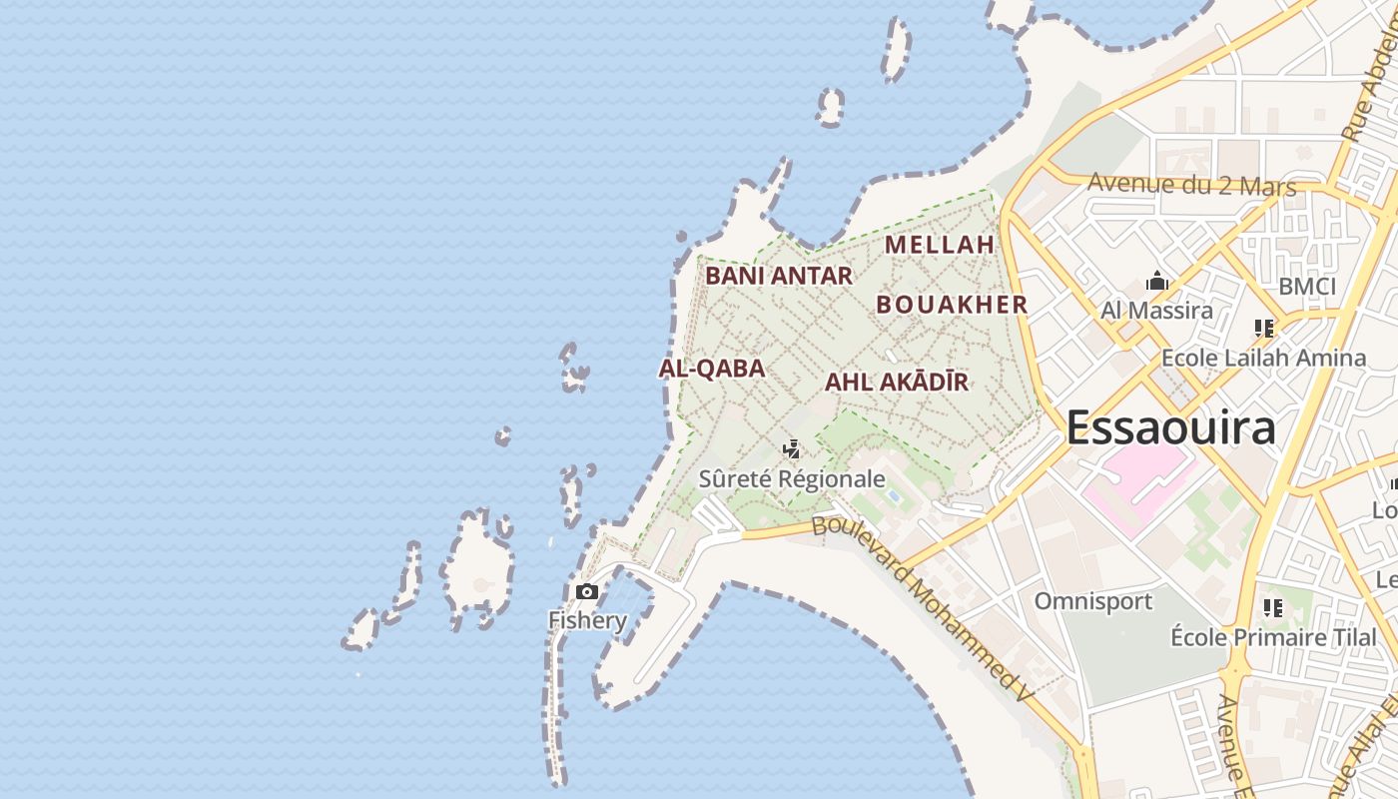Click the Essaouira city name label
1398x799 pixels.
pos(1171,427)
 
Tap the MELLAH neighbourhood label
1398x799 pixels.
pos(940,244)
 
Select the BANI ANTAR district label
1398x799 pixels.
pos(779,276)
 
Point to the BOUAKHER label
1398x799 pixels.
pos(952,305)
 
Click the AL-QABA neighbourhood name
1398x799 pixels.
pos(712,369)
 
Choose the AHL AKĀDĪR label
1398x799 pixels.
pos(897,382)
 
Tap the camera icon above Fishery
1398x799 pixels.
pos(587,592)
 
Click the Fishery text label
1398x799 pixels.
pos(587,620)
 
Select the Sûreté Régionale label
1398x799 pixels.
pos(792,479)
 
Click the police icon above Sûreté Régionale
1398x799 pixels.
pos(792,449)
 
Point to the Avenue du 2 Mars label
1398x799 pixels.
pos(1191,184)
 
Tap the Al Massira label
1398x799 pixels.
pos(1156,311)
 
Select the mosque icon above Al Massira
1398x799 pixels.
pos(1157,281)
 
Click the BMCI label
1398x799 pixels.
pos(1306,287)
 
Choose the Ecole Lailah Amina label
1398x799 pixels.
pos(1263,358)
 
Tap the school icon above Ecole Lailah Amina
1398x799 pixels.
pos(1263,328)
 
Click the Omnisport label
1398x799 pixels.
pos(1092,601)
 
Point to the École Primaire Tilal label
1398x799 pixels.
pos(1273,637)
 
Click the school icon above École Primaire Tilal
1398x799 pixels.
pos(1272,607)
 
